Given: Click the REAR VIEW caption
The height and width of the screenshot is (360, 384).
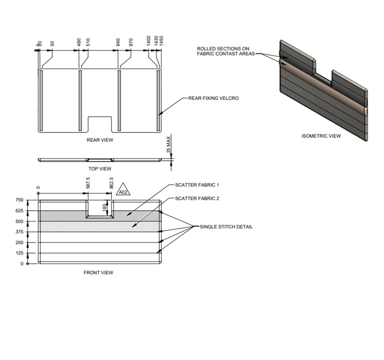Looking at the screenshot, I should [100, 140].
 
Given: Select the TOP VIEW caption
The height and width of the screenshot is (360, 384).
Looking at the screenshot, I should [100, 168].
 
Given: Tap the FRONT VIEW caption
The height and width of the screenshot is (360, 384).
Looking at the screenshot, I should [98, 273].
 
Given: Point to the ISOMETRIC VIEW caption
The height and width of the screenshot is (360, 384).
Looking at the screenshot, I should [321, 136].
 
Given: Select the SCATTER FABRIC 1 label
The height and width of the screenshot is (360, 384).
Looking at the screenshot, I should [197, 185].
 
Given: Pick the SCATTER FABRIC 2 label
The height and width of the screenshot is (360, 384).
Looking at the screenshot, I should [197, 198].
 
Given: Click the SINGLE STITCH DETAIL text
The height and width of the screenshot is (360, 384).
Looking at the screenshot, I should [226, 227].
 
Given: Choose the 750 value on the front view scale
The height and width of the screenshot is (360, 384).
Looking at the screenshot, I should [19, 200].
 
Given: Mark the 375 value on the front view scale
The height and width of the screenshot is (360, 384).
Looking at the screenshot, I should [19, 232].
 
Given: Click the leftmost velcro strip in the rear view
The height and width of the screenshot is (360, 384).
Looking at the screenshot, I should [41, 100].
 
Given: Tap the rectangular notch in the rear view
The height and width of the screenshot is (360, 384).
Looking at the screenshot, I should [100, 124].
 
